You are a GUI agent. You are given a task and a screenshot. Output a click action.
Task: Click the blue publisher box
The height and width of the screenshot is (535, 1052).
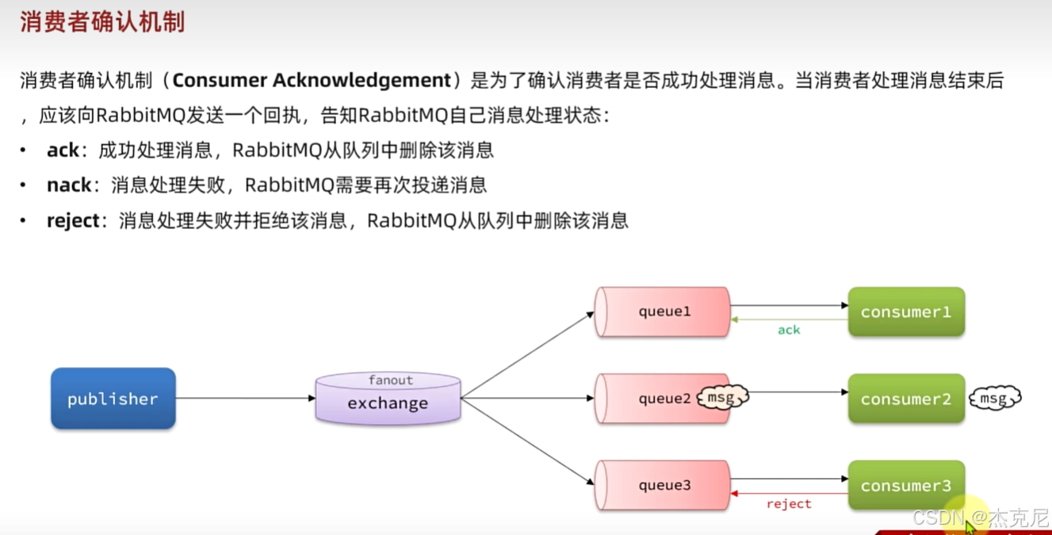pos(113,399)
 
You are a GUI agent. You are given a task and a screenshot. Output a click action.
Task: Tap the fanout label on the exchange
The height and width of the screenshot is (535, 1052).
pos(390,380)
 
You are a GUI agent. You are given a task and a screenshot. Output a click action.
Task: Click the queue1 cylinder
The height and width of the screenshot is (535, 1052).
pos(663,311)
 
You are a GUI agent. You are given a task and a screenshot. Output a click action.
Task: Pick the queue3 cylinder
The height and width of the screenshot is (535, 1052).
pos(663,485)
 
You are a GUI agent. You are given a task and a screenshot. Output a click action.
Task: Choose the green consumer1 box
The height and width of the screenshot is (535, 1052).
pos(906,311)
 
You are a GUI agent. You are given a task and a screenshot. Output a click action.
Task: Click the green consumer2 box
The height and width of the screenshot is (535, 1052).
pos(906,399)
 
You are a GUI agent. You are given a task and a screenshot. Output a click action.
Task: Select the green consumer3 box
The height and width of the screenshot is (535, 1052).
pos(906,485)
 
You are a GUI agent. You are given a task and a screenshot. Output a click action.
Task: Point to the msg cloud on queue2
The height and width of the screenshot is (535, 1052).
pos(722,397)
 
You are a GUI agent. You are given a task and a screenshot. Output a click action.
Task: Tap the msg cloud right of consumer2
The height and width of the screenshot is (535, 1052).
pos(994,398)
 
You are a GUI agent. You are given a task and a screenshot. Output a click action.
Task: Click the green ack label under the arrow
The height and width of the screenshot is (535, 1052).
pos(789,330)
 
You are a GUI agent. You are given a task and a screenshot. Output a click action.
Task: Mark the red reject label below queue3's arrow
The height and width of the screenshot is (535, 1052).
pos(789,504)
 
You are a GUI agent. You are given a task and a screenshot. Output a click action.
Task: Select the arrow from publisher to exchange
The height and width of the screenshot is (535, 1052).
pos(246,398)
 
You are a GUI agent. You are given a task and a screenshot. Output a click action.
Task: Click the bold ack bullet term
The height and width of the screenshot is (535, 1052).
pos(63,150)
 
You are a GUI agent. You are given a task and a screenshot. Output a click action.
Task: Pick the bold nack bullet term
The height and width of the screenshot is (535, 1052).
pos(69,185)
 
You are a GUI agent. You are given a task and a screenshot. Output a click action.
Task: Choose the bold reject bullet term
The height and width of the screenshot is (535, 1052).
pos(73,220)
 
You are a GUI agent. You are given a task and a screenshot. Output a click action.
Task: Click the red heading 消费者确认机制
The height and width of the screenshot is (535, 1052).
pos(102,21)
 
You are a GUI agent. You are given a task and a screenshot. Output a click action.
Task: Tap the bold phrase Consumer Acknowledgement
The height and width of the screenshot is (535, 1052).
pos(312,80)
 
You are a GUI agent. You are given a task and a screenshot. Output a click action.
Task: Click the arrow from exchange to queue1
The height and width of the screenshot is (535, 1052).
pos(527,354)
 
